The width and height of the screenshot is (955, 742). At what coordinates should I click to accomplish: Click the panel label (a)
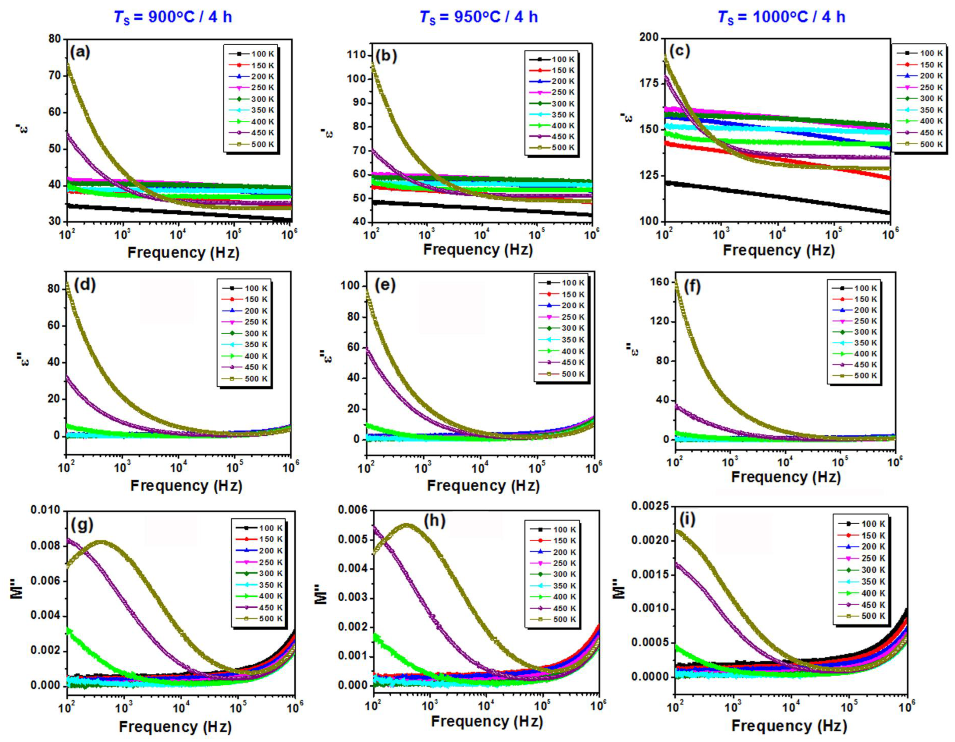[80, 52]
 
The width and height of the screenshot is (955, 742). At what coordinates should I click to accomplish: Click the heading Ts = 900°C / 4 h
[173, 17]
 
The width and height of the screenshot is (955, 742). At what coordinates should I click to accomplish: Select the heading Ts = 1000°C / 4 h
[781, 17]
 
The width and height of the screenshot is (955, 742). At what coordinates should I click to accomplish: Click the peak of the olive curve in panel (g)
[102, 542]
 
